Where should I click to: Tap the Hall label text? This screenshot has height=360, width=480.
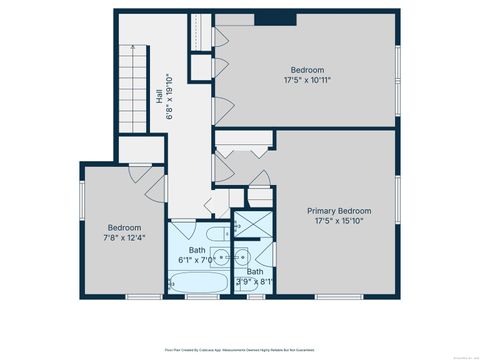159,96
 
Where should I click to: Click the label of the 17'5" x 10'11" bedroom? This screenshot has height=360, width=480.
307,70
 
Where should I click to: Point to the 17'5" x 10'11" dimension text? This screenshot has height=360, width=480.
307,80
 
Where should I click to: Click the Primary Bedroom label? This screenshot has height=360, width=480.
339,211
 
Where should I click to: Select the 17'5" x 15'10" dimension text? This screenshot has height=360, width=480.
339,221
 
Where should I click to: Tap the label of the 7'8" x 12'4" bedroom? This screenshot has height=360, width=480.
125,228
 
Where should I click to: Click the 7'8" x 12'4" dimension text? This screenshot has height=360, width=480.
125,238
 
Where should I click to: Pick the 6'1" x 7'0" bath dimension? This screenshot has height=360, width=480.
203,259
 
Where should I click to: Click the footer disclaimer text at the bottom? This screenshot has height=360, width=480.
240,351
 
